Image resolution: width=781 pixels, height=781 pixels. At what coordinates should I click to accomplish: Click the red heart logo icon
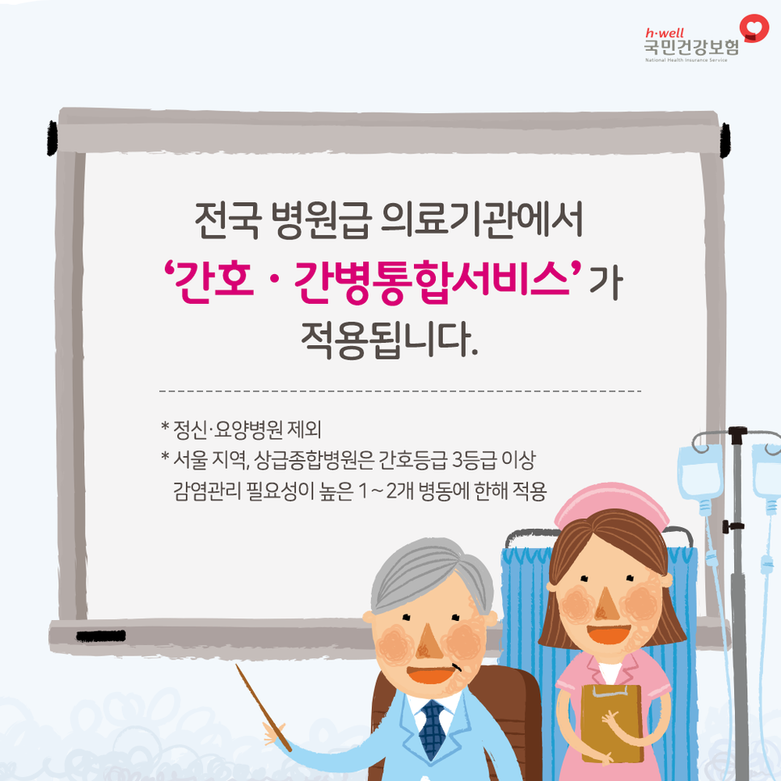pyautogui.click(x=754, y=27)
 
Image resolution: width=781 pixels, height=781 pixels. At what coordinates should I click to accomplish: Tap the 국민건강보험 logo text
pyautogui.click(x=692, y=48)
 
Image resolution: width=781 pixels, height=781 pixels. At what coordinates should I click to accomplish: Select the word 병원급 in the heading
pyautogui.click(x=321, y=220)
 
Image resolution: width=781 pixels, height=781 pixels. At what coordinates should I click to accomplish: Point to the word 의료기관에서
pyautogui.click(x=482, y=220)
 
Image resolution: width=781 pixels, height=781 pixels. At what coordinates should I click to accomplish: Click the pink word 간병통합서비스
pyautogui.click(x=433, y=281)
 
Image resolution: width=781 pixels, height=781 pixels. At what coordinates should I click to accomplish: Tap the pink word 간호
pyautogui.click(x=213, y=280)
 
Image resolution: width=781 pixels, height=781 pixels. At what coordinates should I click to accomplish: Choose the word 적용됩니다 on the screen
pyautogui.click(x=390, y=340)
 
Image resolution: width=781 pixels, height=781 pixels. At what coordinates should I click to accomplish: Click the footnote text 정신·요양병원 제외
pyautogui.click(x=247, y=428)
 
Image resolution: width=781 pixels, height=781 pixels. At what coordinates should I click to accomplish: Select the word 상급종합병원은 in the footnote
pyautogui.click(x=315, y=460)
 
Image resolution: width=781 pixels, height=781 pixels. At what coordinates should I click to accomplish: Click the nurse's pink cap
pyautogui.click(x=612, y=504)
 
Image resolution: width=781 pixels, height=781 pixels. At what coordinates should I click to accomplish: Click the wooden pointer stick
pyautogui.click(x=263, y=707)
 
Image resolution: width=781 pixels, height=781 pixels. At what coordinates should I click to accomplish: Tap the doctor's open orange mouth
pyautogui.click(x=432, y=674)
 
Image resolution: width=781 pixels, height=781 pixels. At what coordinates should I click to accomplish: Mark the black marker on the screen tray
pyautogui.click(x=100, y=635)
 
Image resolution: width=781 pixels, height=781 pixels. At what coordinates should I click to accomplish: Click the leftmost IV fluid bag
pyautogui.click(x=700, y=473)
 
